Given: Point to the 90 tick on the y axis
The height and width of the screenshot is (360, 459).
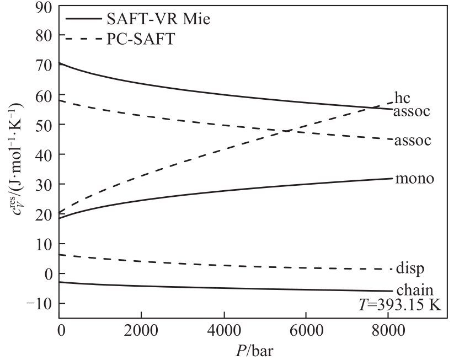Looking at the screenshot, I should tap(42, 7).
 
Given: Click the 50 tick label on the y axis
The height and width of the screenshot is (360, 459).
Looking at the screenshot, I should tap(42, 125).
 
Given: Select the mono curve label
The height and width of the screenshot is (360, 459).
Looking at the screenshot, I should tap(414, 179).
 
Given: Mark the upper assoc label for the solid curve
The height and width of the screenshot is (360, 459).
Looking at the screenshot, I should tap(412, 111).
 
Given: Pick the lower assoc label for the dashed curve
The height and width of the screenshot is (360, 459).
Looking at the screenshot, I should tap(412, 140).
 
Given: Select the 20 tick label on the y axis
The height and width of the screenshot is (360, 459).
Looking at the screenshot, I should tap(42, 214).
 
